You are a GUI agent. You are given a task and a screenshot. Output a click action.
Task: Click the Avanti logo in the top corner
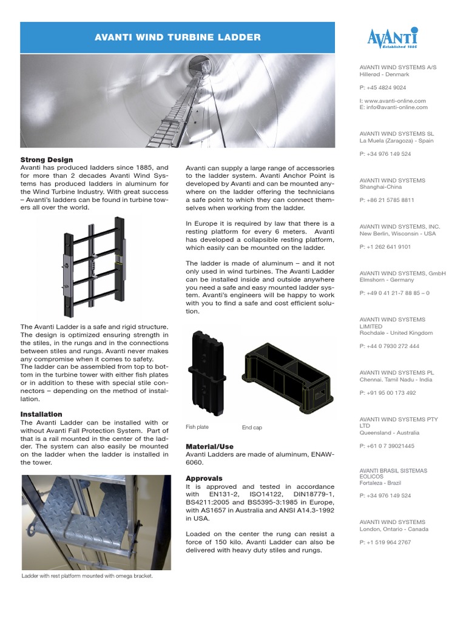click(392, 38)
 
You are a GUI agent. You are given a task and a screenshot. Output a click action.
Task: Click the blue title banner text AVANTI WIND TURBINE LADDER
click(178, 38)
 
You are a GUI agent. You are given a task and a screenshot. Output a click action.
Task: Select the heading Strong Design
click(47, 160)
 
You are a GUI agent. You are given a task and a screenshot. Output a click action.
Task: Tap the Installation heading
click(41, 414)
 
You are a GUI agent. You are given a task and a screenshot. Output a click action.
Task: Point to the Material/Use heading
click(209, 446)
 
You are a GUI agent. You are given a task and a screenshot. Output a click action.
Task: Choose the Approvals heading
click(204, 478)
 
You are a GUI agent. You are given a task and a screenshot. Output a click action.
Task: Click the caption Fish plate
click(197, 428)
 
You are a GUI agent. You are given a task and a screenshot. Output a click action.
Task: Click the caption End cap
click(252, 428)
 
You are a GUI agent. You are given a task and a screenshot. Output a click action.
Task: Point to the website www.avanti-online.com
click(395, 101)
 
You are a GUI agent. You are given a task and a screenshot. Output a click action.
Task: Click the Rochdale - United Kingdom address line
click(396, 333)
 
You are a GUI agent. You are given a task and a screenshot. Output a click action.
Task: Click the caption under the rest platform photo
click(87, 576)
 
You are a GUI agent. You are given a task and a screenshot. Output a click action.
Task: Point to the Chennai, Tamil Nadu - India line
click(396, 380)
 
